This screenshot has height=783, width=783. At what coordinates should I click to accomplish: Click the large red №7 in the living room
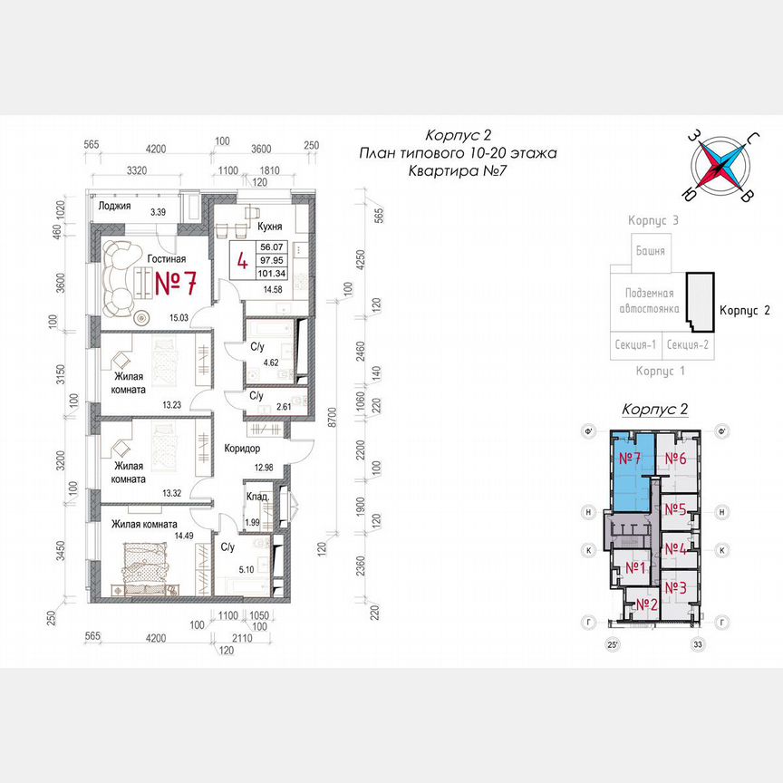(176, 283)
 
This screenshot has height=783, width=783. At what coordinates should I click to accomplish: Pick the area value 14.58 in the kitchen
(272, 290)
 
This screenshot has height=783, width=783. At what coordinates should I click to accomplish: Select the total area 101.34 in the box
(272, 271)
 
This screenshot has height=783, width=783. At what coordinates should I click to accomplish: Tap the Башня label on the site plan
(650, 251)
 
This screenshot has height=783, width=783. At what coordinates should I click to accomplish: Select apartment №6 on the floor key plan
(675, 459)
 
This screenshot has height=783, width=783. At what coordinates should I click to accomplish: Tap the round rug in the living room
(142, 317)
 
